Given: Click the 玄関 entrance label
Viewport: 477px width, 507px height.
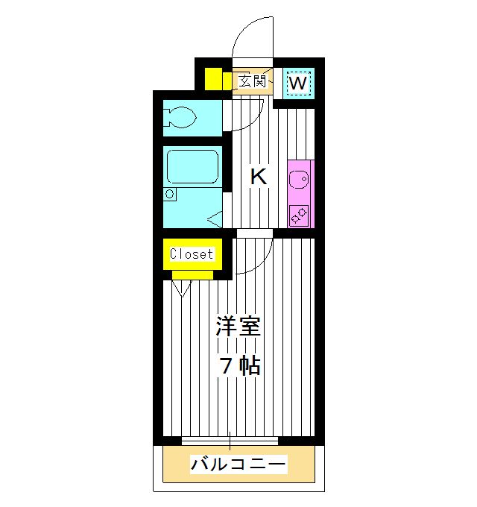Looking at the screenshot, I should tap(251, 81).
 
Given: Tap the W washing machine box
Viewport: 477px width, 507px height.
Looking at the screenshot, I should tap(297, 82).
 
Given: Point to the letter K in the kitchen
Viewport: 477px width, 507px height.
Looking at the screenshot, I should tap(258, 177).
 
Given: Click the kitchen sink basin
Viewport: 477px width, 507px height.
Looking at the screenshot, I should tap(300, 179).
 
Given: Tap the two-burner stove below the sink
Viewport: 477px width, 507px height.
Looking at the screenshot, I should tap(300, 214).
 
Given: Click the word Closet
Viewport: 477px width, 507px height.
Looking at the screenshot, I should tap(192, 253).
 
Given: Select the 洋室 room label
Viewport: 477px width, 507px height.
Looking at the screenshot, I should tap(238, 327).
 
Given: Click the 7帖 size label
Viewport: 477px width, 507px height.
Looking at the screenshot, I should tap(238, 365).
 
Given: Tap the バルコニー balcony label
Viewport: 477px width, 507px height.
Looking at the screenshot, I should tap(238, 465).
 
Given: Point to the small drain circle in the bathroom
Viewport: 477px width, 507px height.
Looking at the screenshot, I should tap(171, 194).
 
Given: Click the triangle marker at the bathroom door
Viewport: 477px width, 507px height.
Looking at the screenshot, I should tap(215, 220).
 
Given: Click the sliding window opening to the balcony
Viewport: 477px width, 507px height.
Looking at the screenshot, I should tap(230, 440).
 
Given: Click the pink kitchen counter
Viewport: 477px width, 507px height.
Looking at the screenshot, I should tap(300, 194).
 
